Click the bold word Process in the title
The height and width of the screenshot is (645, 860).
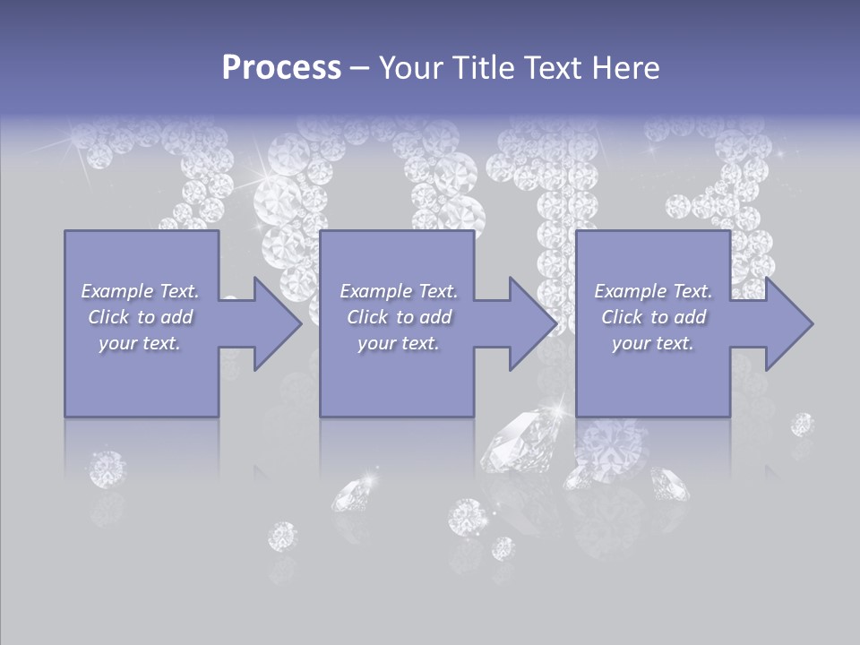pos(281,68)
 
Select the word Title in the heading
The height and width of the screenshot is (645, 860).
pos(481,68)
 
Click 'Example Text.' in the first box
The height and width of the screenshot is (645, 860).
pos(140,291)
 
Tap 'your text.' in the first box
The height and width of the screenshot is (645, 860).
pos(140,343)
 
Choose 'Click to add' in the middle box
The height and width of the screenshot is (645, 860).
pos(399,317)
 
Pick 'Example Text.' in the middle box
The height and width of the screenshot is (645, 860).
pos(399,291)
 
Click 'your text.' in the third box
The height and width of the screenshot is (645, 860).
pos(653,343)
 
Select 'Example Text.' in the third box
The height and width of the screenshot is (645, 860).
pos(653,291)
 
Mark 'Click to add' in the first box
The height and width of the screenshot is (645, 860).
pos(140,317)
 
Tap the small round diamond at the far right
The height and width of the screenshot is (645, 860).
pos(802,424)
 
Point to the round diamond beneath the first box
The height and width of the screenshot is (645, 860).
pos(107,469)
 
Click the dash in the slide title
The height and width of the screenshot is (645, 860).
pos(359,68)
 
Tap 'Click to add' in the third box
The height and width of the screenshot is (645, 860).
pos(653,317)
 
